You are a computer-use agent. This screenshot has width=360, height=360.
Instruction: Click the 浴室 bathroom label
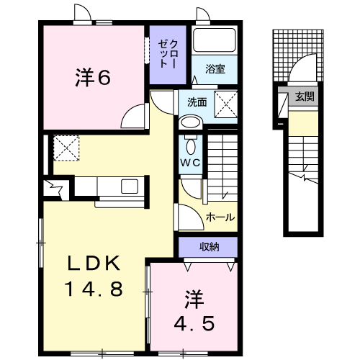[x=215, y=69]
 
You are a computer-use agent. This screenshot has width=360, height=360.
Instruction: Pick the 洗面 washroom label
[x=197, y=102]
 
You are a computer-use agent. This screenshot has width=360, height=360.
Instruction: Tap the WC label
[x=190, y=163]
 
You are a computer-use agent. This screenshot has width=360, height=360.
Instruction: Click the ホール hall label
[x=220, y=217]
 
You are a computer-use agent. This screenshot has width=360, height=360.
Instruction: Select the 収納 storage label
[x=209, y=248]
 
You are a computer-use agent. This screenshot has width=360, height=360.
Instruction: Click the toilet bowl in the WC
[x=190, y=140]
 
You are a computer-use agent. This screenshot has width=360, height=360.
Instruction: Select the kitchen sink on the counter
[x=130, y=186]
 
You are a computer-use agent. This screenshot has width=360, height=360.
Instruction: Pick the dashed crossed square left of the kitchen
[x=65, y=149]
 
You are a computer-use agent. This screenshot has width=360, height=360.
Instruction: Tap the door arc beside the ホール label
[x=187, y=216]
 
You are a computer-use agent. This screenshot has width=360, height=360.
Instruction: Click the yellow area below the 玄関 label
[x=302, y=126]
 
